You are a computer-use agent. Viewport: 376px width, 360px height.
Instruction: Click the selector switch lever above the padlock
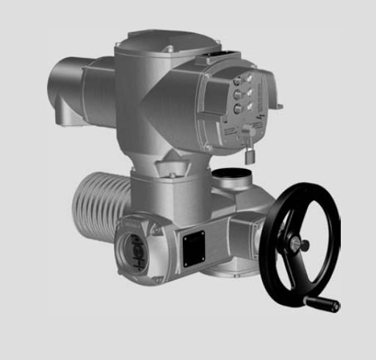pyautogui.click(x=246, y=132)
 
